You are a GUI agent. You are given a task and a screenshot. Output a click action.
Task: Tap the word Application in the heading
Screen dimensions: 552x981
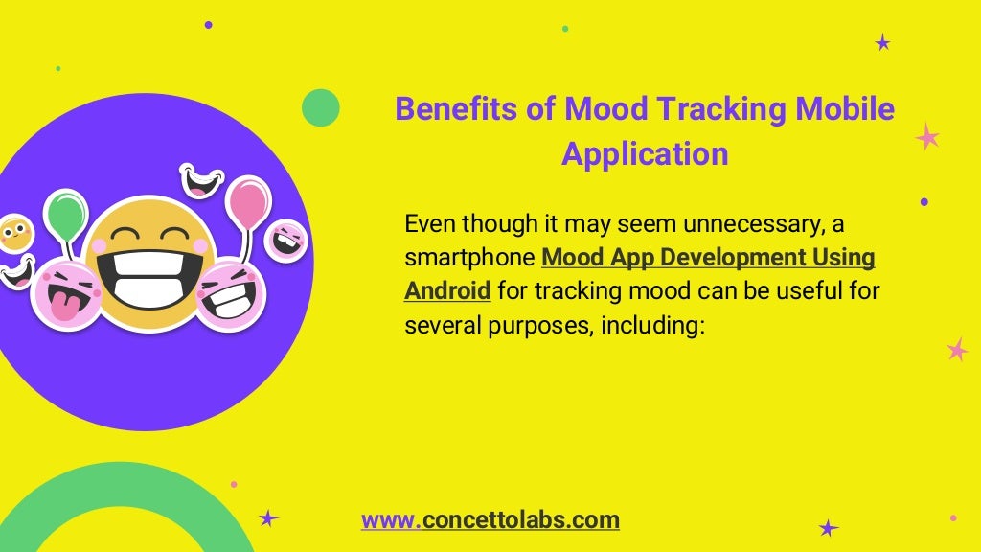tap(645, 153)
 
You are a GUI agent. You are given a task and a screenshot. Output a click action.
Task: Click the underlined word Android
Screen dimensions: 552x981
tap(447, 289)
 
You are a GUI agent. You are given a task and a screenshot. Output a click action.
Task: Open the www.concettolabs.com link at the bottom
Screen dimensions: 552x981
tap(490, 520)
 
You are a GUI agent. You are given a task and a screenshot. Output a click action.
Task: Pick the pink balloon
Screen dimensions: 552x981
tap(248, 202)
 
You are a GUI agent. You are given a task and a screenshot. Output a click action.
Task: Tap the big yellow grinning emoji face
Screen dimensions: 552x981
tap(148, 262)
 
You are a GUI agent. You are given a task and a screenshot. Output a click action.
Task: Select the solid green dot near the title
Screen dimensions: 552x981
tap(321, 107)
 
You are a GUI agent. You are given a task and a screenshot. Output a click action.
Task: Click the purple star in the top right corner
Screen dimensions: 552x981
tap(882, 42)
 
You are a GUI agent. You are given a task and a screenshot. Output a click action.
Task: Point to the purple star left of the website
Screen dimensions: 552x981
tap(268, 518)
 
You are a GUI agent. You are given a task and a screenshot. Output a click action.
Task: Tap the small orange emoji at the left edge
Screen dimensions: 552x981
tap(13, 233)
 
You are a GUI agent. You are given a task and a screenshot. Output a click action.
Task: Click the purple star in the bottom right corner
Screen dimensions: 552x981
tap(829, 528)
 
